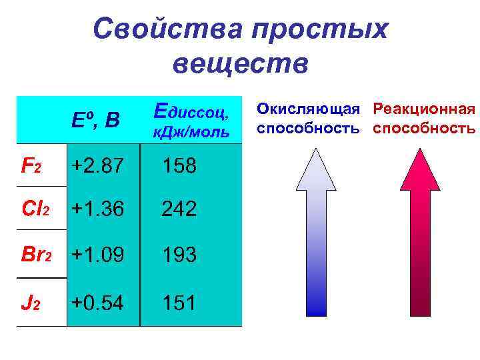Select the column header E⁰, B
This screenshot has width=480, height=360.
[96, 120]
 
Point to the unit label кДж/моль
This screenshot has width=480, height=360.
[191, 132]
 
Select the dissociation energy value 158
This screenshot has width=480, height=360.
[178, 165]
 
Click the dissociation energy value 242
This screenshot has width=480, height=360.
[178, 209]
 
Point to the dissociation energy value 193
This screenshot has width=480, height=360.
[178, 254]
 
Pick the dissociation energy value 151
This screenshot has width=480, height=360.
[178, 303]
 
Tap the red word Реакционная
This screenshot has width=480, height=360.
[424, 109]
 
